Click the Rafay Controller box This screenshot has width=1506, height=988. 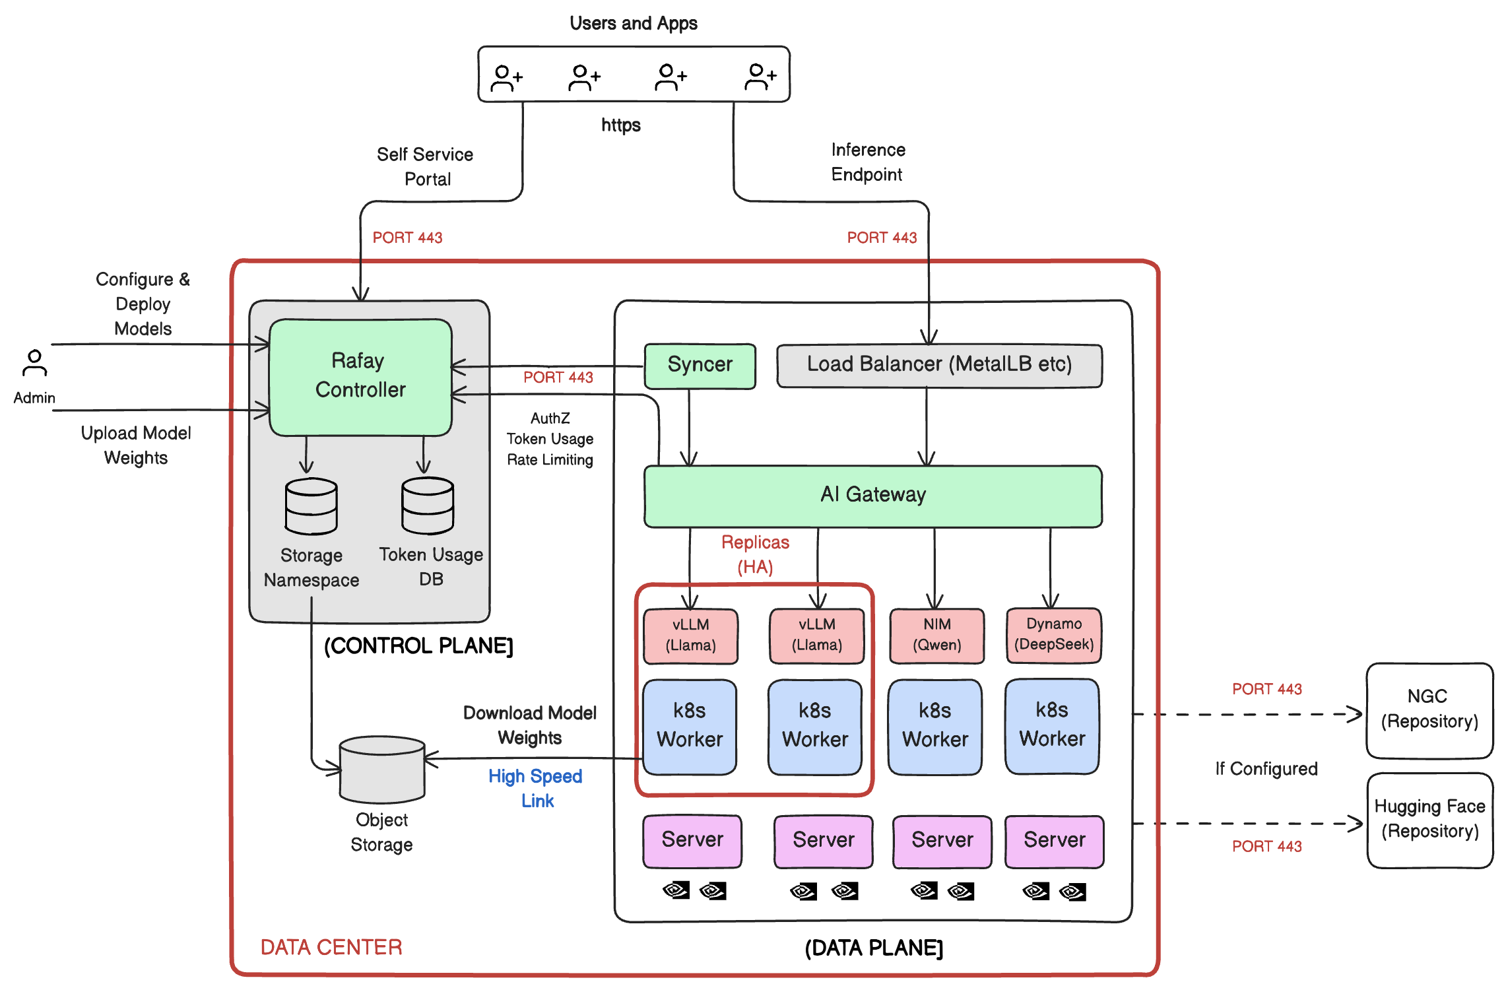(x=360, y=376)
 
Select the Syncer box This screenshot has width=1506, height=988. (x=700, y=365)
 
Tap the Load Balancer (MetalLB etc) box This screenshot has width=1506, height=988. (x=939, y=365)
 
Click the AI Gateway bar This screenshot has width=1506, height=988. (x=872, y=495)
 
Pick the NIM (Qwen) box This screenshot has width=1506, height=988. (x=936, y=635)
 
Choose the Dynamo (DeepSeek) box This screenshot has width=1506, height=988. (x=1053, y=635)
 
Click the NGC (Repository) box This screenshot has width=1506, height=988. (x=1429, y=709)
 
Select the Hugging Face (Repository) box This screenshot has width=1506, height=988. (x=1429, y=820)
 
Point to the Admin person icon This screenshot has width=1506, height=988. (x=34, y=363)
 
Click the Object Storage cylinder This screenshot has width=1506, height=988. (x=382, y=769)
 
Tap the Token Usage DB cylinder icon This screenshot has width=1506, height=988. (x=428, y=506)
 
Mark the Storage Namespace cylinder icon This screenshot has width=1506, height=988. (x=311, y=506)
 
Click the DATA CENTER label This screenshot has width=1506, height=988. (x=331, y=947)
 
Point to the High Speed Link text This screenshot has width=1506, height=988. (x=535, y=788)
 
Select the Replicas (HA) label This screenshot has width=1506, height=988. (x=755, y=554)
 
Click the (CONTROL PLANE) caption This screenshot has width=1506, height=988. (x=418, y=645)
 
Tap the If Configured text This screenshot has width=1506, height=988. (x=1266, y=769)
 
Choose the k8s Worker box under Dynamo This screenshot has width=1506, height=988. (x=1052, y=725)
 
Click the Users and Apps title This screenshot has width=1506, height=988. (x=633, y=24)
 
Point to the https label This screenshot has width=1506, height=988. (x=620, y=125)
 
